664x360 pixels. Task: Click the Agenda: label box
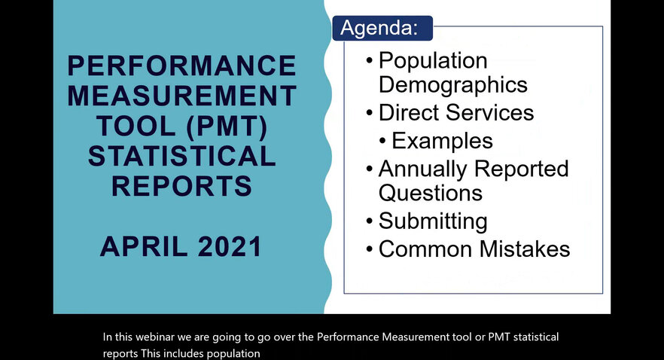[x=382, y=29]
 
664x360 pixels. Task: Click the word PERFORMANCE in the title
[x=182, y=66]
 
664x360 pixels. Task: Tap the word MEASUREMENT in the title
[x=182, y=96]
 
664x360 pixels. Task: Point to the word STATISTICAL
[x=182, y=156]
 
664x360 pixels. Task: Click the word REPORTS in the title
[x=181, y=186]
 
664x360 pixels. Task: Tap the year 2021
[x=230, y=247]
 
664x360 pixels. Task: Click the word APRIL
[x=144, y=247]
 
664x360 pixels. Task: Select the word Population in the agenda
[x=433, y=61]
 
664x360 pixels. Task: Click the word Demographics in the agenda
[x=452, y=84]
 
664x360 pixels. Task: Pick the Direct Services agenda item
[x=456, y=113]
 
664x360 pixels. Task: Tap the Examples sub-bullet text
[x=442, y=141]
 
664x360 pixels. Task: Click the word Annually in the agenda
[x=423, y=169]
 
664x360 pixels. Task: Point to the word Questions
[x=431, y=193]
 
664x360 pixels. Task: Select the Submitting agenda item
[x=433, y=221]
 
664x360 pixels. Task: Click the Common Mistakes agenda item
[x=474, y=249]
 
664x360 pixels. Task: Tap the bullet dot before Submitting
[x=370, y=221]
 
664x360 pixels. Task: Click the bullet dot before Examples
[x=382, y=141]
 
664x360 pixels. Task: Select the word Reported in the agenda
[x=521, y=169]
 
